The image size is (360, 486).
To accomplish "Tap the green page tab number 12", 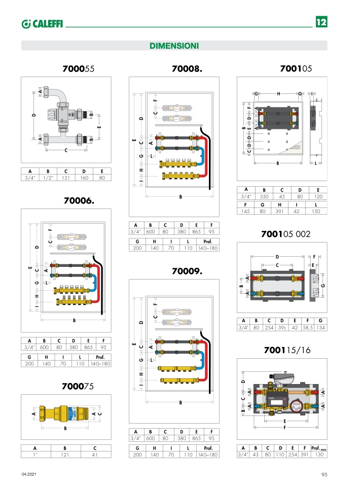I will [x=321, y=23].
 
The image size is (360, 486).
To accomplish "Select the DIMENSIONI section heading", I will [x=174, y=46].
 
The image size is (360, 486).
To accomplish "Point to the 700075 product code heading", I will [x=78, y=386].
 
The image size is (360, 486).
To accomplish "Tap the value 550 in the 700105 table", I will [x=264, y=197].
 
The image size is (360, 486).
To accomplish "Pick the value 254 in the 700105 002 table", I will [x=269, y=328].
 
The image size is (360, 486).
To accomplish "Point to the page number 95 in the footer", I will [x=324, y=474].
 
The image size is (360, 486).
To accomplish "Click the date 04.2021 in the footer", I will [x=29, y=474].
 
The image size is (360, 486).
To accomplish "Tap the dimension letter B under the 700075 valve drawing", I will [x=65, y=428].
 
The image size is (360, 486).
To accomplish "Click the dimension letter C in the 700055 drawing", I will [x=66, y=150].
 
